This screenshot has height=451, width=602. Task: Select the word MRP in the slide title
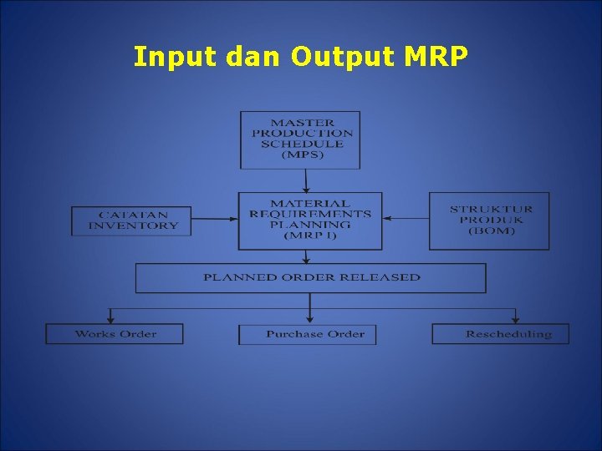click(x=437, y=57)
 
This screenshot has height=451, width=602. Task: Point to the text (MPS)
click(x=302, y=155)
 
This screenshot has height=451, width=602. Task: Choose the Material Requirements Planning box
click(x=309, y=220)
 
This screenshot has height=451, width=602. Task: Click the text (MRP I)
click(x=309, y=236)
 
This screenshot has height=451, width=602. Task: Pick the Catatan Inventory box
click(x=133, y=220)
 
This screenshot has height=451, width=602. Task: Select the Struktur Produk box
click(x=490, y=220)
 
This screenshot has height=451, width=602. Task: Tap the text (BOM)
click(x=491, y=231)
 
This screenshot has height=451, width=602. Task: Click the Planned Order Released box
click(x=310, y=277)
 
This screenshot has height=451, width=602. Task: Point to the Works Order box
click(x=115, y=334)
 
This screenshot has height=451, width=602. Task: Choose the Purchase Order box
click(x=308, y=334)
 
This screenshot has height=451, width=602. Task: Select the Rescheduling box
click(x=500, y=334)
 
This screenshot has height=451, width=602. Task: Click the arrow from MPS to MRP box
click(x=306, y=180)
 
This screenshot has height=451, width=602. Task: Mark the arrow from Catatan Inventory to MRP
click(x=217, y=219)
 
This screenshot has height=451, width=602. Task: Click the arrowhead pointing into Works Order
click(x=111, y=320)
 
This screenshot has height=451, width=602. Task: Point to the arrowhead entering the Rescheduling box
click(x=516, y=320)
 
